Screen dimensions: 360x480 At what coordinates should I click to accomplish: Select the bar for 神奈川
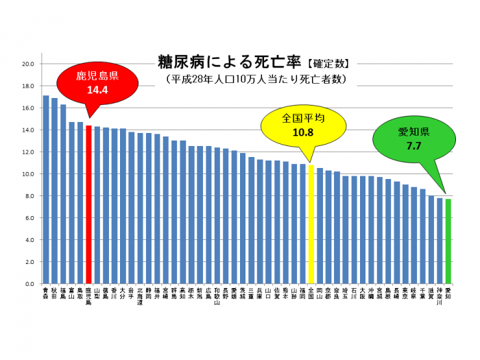click(x=440, y=241)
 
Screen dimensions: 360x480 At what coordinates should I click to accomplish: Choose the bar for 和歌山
click(x=217, y=215)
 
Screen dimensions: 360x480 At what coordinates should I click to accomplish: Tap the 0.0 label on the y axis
click(x=29, y=284)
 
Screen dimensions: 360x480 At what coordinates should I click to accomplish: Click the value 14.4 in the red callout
click(x=97, y=89)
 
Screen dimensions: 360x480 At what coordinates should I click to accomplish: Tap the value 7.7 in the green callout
click(x=413, y=145)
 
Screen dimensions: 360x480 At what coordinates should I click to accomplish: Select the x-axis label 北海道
click(x=140, y=296)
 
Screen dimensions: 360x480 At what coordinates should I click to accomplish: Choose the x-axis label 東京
click(x=405, y=293)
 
